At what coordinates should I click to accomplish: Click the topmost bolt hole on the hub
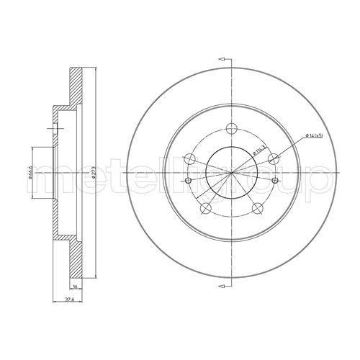point(232,130)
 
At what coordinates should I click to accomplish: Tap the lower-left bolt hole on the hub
point(207,208)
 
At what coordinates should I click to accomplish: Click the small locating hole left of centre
point(189,181)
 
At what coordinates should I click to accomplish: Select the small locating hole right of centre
point(276,181)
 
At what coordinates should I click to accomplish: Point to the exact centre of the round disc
point(232,173)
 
